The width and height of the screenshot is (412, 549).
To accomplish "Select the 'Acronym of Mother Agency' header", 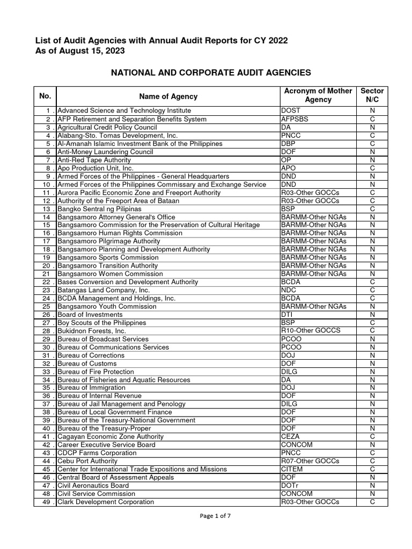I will pyautogui.click(x=318, y=95).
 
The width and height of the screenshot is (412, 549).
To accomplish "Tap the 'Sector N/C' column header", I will pyautogui.click(x=372, y=95).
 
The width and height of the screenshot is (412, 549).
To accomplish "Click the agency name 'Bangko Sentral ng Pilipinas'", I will pyautogui.click(x=99, y=209).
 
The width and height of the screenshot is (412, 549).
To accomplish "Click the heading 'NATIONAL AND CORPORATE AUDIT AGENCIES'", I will pyautogui.click(x=210, y=72).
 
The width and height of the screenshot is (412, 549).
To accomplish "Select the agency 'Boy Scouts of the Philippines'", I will pyautogui.click(x=101, y=323).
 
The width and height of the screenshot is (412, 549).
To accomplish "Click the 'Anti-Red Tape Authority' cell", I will pyautogui.click(x=94, y=160).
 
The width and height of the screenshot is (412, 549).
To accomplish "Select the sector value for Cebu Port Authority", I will pyautogui.click(x=372, y=461).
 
